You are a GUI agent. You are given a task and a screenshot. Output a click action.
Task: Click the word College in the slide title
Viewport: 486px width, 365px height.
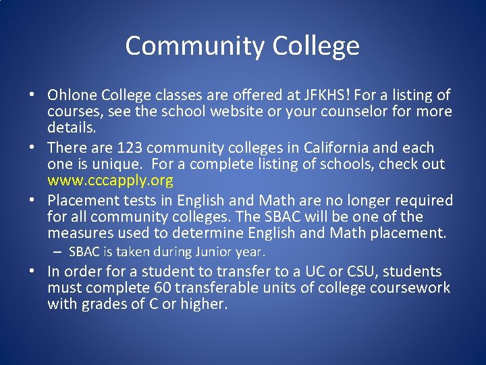pos(316,46)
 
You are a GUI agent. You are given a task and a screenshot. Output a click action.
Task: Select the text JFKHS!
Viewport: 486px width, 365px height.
pos(323,95)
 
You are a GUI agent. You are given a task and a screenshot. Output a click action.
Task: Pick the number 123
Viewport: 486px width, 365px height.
pos(128,148)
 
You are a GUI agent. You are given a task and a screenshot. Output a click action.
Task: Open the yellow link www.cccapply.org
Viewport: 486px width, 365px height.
pos(110,180)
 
